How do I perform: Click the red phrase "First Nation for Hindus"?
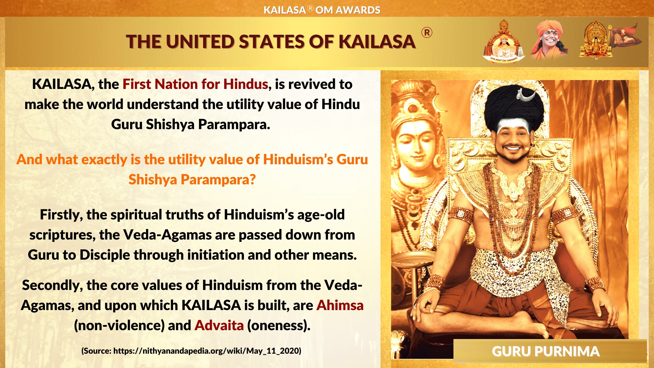point(195,84)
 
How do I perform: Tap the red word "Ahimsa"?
point(340,305)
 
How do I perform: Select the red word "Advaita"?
point(219,325)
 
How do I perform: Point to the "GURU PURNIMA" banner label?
point(545,351)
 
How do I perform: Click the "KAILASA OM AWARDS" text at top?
point(322,10)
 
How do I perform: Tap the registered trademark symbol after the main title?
point(427,33)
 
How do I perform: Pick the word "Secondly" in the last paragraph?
point(52,286)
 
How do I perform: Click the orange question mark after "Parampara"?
point(252,179)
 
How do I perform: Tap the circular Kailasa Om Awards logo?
point(504,41)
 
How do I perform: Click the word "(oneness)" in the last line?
point(279,325)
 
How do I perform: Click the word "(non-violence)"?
point(119,325)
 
